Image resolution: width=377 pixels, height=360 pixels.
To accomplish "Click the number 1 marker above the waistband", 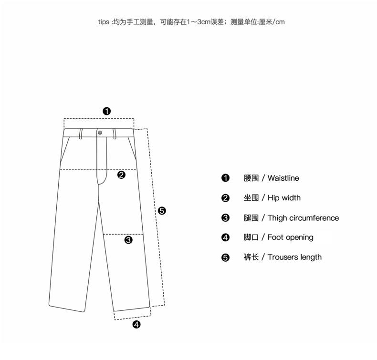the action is (107, 111).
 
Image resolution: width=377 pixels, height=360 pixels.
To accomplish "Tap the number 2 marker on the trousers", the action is (121, 175).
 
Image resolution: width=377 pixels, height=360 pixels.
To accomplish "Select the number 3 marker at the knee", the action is (128, 240).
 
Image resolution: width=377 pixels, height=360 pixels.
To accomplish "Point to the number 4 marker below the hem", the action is (136, 325).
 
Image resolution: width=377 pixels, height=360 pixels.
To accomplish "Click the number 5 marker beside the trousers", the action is (162, 210).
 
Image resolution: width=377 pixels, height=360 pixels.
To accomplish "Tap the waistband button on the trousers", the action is (100, 132).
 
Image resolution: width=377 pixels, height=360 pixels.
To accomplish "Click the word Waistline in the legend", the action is (283, 178).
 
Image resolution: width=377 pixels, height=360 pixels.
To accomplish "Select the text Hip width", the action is (284, 198).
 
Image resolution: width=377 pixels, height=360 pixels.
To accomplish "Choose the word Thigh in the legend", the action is (277, 218).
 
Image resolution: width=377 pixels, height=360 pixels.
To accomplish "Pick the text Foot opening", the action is (290, 237).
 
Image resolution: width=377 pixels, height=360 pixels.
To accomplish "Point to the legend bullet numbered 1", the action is (226, 178).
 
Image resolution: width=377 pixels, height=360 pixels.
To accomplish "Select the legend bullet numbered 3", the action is (226, 218).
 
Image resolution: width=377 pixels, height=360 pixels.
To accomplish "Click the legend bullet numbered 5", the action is (226, 257).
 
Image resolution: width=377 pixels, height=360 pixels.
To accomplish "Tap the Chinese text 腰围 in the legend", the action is (251, 178).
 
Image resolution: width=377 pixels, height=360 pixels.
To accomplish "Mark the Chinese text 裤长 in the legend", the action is (251, 257).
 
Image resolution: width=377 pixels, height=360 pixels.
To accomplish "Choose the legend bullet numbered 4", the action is (226, 237).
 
